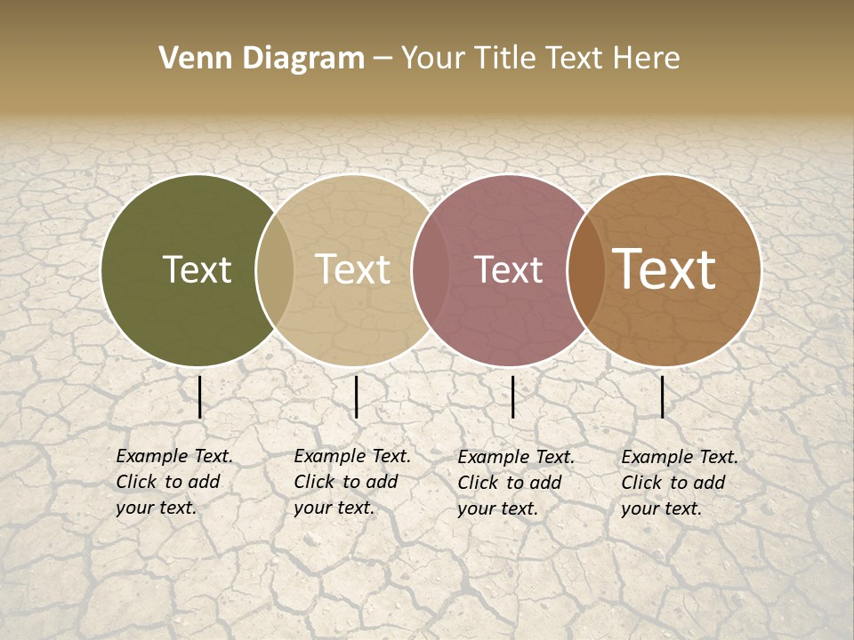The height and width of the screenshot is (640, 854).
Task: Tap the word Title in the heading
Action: [x=504, y=59]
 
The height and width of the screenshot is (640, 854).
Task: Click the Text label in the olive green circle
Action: [x=197, y=270]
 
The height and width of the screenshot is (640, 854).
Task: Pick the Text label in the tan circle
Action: [x=353, y=270]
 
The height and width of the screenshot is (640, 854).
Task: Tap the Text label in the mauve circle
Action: [x=508, y=270]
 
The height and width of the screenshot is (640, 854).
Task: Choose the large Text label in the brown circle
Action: [x=665, y=270]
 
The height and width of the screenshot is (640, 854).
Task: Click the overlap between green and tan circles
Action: [x=275, y=270]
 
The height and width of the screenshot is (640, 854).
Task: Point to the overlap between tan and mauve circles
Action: [x=423, y=270]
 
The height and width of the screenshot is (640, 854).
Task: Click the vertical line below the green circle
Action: [x=199, y=396]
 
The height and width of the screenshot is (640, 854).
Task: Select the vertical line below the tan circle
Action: [x=356, y=396]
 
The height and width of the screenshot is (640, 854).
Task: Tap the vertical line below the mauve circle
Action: [x=512, y=396]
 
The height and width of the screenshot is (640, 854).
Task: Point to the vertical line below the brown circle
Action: [x=663, y=396]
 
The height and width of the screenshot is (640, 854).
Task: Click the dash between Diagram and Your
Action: [x=382, y=60]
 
